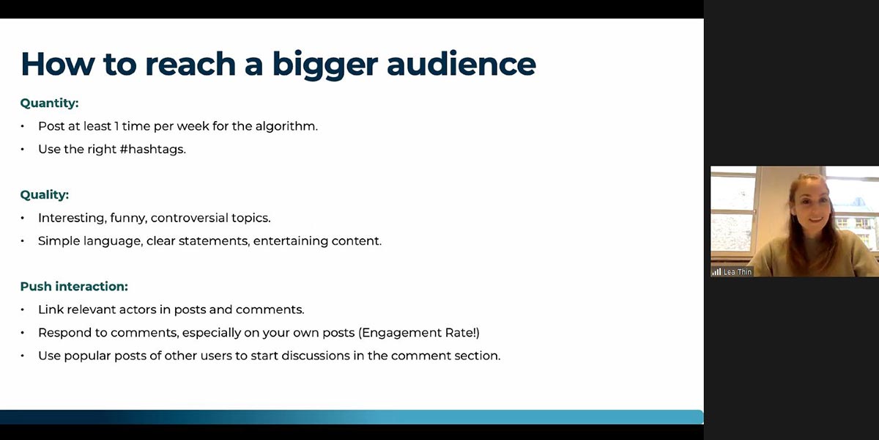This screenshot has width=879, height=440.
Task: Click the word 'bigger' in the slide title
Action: (325, 65)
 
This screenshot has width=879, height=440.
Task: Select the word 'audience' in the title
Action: (461, 63)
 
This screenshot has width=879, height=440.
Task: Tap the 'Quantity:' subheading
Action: (50, 103)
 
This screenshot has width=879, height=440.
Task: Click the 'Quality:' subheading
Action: (45, 195)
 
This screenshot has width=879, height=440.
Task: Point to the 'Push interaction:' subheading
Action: (74, 287)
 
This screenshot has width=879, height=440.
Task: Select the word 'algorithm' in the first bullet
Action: (285, 126)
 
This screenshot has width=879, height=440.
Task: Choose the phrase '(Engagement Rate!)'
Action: (419, 333)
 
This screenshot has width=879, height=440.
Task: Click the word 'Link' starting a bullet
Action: (51, 309)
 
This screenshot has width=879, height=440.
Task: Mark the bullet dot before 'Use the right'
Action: (23, 150)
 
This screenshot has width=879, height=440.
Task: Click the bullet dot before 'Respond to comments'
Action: (23, 333)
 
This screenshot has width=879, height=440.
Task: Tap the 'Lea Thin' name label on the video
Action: (738, 272)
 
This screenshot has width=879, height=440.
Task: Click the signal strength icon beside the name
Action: (716, 272)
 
